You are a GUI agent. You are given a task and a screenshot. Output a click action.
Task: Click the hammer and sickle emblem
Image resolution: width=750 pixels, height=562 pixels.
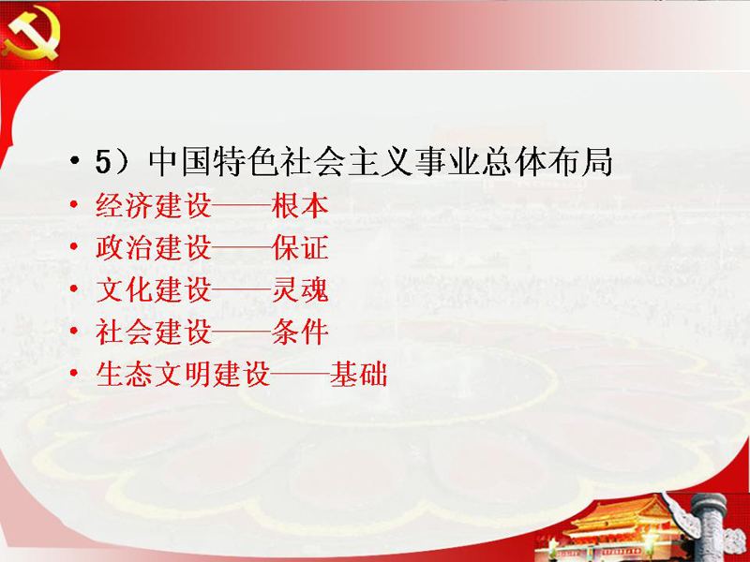click(x=31, y=35)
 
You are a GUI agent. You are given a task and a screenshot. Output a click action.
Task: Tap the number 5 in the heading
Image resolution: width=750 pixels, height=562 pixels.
click(x=103, y=162)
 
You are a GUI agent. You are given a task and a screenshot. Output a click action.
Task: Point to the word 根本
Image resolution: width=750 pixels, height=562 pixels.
click(x=300, y=206)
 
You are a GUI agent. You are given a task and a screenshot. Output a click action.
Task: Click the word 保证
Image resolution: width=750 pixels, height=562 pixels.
click(x=300, y=248)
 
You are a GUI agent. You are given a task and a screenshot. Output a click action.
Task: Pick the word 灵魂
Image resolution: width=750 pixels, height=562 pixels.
click(x=300, y=289)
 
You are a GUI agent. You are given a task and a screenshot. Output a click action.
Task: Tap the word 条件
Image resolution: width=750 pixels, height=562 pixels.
click(x=300, y=332)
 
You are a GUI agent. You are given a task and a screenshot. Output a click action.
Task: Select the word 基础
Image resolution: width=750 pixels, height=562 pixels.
click(x=358, y=374)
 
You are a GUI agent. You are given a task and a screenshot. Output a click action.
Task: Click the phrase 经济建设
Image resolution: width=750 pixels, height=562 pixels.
click(x=154, y=206)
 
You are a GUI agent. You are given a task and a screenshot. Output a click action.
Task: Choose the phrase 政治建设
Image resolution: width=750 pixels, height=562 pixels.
click(x=154, y=248)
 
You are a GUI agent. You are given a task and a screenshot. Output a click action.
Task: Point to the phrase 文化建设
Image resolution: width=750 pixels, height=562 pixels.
click(x=154, y=289)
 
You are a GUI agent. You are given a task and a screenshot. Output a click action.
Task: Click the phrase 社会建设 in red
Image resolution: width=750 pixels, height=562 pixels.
click(x=154, y=332)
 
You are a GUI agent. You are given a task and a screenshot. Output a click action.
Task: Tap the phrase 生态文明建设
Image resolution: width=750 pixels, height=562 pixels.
click(x=183, y=374)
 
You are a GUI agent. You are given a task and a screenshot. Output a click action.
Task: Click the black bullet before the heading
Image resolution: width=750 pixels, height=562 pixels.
click(x=74, y=161)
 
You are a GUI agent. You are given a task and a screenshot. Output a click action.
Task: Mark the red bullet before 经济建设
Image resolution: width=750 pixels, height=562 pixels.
click(x=74, y=204)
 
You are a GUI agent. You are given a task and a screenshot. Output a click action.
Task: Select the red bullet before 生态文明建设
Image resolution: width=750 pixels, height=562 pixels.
click(x=74, y=372)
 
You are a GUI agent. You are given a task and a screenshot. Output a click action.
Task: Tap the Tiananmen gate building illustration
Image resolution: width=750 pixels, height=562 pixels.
click(x=622, y=530)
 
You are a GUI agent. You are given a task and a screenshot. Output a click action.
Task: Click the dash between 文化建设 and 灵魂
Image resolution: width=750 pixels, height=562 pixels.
click(x=242, y=290)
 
